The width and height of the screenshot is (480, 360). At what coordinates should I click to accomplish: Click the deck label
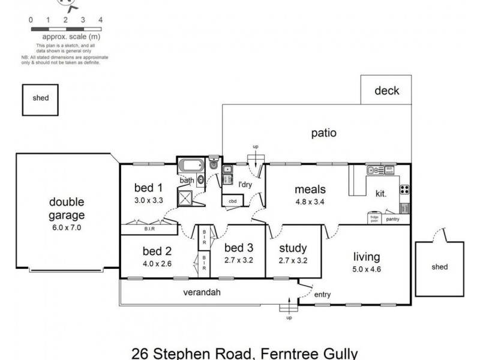click(386, 91)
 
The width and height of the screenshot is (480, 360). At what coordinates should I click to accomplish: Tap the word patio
click(323, 133)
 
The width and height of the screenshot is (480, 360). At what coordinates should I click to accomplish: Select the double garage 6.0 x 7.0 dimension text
click(67, 228)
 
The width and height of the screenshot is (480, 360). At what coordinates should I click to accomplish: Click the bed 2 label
click(157, 251)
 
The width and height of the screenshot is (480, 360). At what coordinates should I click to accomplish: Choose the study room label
click(293, 248)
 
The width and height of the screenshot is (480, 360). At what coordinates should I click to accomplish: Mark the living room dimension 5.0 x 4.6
click(367, 269)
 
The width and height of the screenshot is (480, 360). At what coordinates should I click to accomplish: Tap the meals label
click(310, 190)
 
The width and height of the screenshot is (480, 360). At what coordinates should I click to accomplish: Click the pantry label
click(393, 220)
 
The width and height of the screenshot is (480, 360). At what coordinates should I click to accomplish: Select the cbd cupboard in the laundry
click(232, 202)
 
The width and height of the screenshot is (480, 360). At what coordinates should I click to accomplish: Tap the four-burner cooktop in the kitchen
click(404, 190)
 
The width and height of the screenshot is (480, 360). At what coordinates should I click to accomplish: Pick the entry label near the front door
click(322, 295)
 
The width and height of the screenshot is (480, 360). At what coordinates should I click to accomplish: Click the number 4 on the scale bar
click(100, 20)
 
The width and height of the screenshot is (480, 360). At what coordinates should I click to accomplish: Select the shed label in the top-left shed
click(41, 98)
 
